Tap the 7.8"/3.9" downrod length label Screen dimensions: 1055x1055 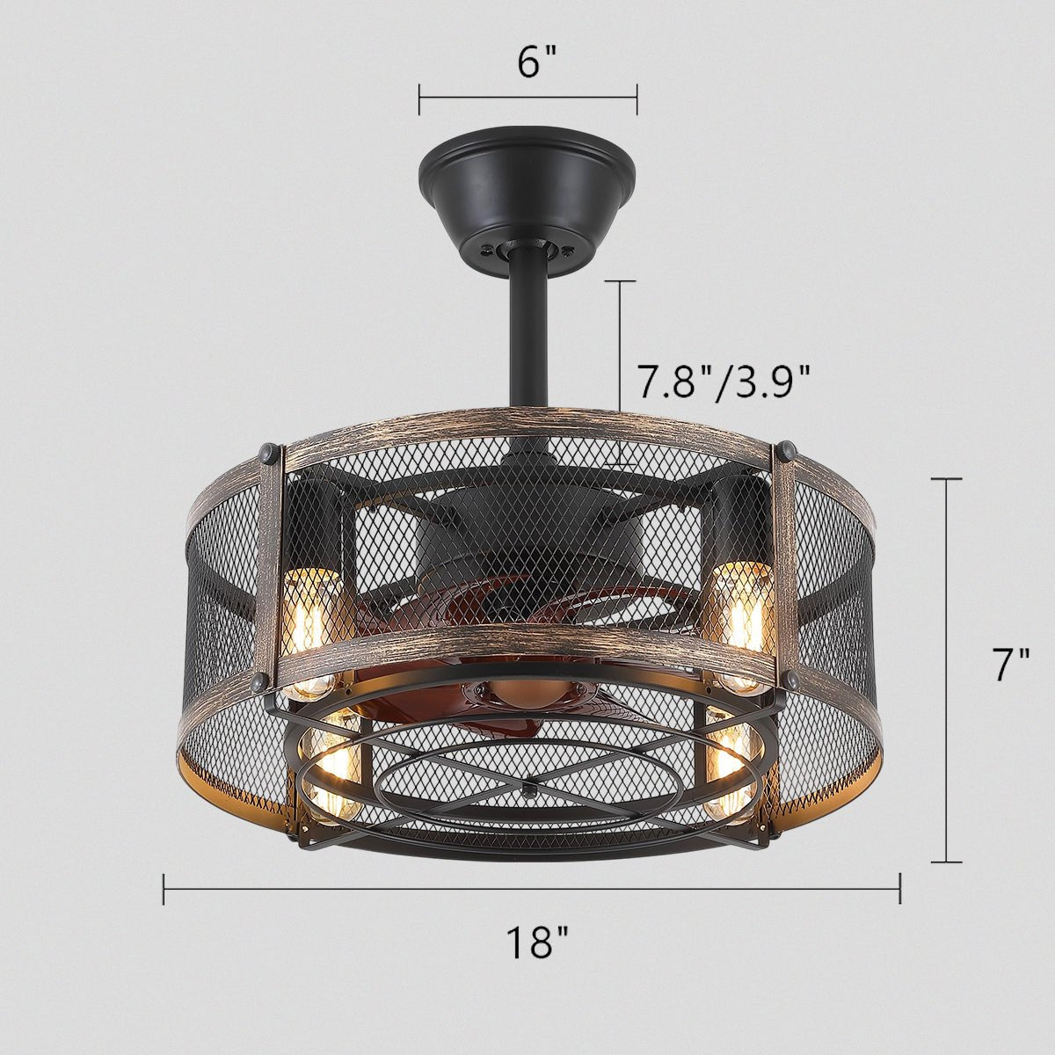(x=722, y=383)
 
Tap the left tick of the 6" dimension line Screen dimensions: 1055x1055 (x=419, y=99)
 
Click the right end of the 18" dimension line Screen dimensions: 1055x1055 (x=899, y=890)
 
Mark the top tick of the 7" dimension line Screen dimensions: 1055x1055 (x=946, y=479)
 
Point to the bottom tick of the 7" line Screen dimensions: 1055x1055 (x=946, y=862)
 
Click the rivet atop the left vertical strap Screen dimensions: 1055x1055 (x=266, y=454)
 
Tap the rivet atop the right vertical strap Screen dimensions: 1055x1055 (x=786, y=452)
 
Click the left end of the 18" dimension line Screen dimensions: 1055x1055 (x=164, y=890)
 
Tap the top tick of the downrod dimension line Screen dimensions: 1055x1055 (x=620, y=281)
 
